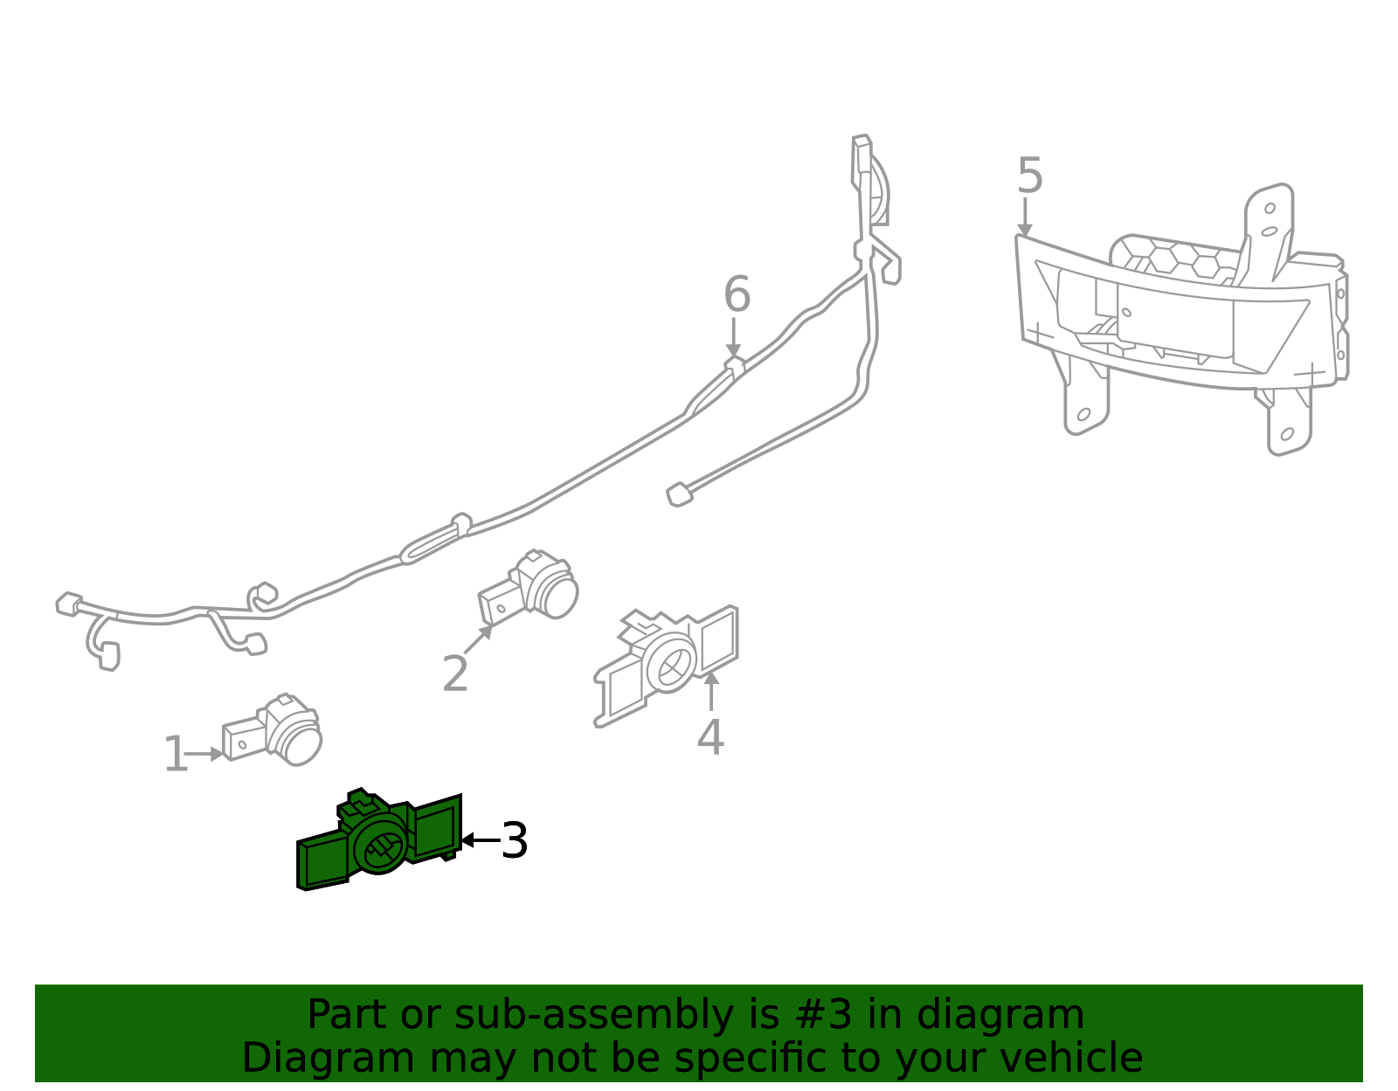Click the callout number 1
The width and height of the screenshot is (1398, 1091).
[176, 755]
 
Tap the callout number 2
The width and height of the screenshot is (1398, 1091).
[455, 674]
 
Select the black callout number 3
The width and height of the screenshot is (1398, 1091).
[515, 840]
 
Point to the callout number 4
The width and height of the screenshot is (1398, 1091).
[710, 737]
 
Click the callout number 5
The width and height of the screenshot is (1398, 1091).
[1030, 176]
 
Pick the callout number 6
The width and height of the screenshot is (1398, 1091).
[737, 294]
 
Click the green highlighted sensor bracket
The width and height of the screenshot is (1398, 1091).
[377, 840]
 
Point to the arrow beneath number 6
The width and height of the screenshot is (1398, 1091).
[733, 338]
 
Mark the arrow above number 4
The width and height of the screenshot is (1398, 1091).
[711, 690]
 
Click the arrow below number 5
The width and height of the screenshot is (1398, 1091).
[1024, 217]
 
